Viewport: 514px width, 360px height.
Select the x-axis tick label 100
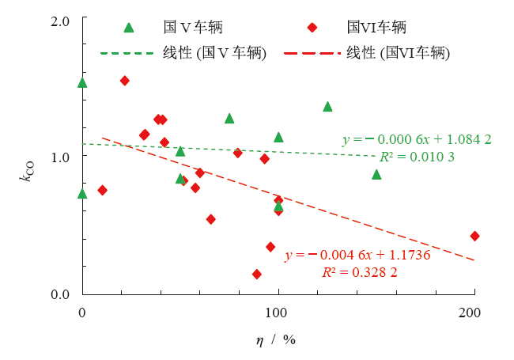pos(278,313)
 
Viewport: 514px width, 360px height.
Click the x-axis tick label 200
pos(474,313)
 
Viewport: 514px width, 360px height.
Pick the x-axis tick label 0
pos(82,313)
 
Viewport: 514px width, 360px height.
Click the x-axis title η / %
pos(275,339)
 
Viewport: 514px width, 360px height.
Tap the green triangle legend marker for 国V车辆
pos(130,28)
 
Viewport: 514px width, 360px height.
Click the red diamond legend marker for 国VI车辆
pos(312,28)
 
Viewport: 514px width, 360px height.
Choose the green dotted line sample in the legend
pos(128,53)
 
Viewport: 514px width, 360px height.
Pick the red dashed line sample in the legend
pos(312,53)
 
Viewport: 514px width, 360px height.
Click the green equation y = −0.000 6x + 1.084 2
pos(417,139)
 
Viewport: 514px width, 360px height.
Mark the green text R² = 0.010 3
pos(417,157)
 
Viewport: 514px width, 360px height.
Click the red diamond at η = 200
pos(474,236)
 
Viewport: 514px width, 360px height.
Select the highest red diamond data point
pos(124,81)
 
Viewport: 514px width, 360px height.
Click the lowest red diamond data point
pos(256,274)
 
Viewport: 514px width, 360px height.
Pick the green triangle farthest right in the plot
pos(376,174)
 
